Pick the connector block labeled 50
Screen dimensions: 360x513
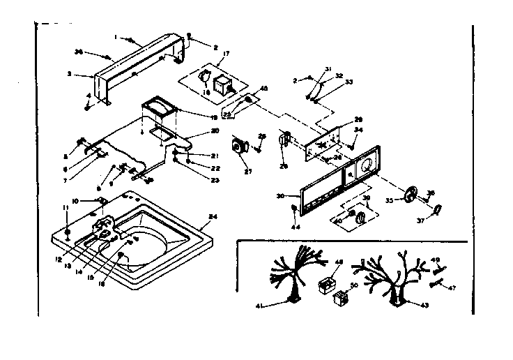(x=341, y=300)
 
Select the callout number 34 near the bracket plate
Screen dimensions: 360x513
(x=358, y=130)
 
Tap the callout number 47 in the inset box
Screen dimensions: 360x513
(x=452, y=287)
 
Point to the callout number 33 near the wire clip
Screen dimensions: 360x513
(x=349, y=82)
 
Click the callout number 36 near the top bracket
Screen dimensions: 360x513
(x=78, y=52)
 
